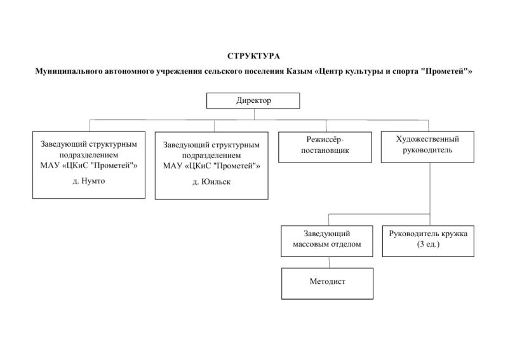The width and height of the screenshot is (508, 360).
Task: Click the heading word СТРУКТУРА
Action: (x=253, y=56)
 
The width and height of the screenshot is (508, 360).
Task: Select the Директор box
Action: (x=253, y=101)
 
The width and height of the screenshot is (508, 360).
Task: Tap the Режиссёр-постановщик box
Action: (x=325, y=147)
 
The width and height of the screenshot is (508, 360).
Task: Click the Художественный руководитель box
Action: (x=427, y=147)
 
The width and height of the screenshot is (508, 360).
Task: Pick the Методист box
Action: (x=327, y=284)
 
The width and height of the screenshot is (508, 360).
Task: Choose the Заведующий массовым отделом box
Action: (x=327, y=241)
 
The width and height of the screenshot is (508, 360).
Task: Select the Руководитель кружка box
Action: (x=428, y=241)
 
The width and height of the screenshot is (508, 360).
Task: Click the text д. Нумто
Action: (x=89, y=181)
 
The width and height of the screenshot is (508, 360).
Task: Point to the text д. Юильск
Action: (x=211, y=182)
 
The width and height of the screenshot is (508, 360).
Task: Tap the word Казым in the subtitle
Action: (x=298, y=71)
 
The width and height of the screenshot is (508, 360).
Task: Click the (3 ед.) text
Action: (x=428, y=244)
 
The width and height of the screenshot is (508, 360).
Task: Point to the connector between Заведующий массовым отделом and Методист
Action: (x=329, y=262)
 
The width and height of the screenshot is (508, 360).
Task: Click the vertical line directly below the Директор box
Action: (x=254, y=114)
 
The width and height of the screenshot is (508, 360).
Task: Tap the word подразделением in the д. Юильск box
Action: (x=211, y=156)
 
